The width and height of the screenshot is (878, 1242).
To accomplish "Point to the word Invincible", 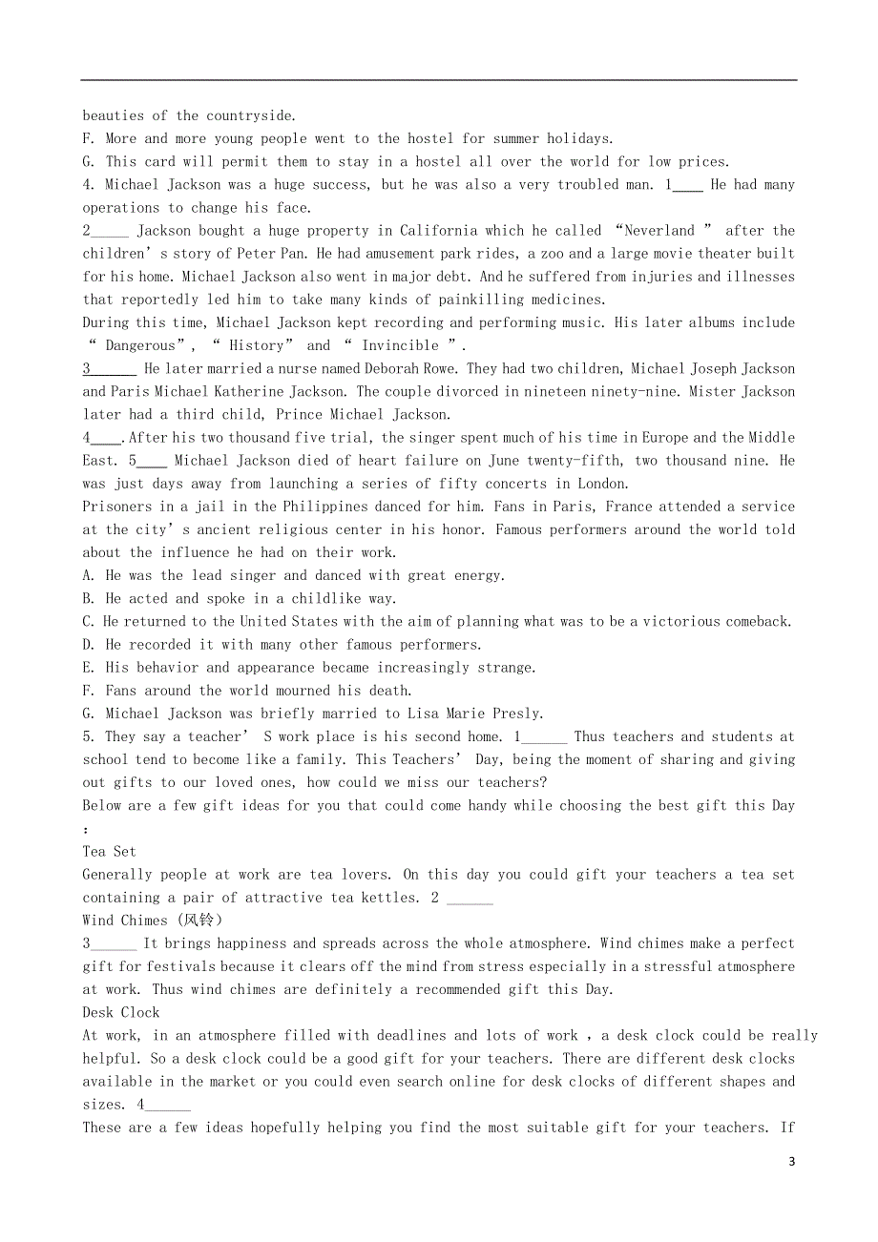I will point(400,346).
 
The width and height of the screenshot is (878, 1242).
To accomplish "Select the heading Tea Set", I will point(109,852).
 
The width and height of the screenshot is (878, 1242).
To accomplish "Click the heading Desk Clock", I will point(121,1012).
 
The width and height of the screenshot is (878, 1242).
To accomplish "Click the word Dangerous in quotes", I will point(140,346).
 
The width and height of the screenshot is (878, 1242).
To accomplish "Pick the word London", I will point(603,484).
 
